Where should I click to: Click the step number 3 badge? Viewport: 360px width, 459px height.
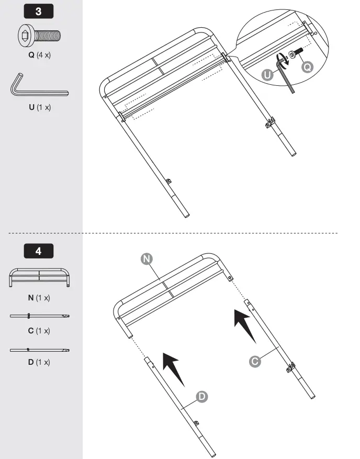tap(39, 11)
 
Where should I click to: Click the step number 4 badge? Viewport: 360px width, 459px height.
tap(39, 251)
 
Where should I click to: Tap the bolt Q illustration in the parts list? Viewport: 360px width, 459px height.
tap(39, 36)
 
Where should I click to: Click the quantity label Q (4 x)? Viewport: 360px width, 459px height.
tap(39, 54)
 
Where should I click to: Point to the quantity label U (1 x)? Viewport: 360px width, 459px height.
tap(39, 107)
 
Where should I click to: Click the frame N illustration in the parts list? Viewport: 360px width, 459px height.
tap(39, 278)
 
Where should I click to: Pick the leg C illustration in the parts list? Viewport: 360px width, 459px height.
tap(39, 316)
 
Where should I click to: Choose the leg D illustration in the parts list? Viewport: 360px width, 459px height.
tap(39, 349)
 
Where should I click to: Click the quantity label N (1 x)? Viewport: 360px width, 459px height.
tap(39, 298)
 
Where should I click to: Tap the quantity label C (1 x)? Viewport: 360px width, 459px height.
tap(39, 331)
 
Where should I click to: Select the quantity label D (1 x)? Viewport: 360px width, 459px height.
tap(39, 362)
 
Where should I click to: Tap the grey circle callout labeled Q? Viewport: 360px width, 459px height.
tap(308, 66)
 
